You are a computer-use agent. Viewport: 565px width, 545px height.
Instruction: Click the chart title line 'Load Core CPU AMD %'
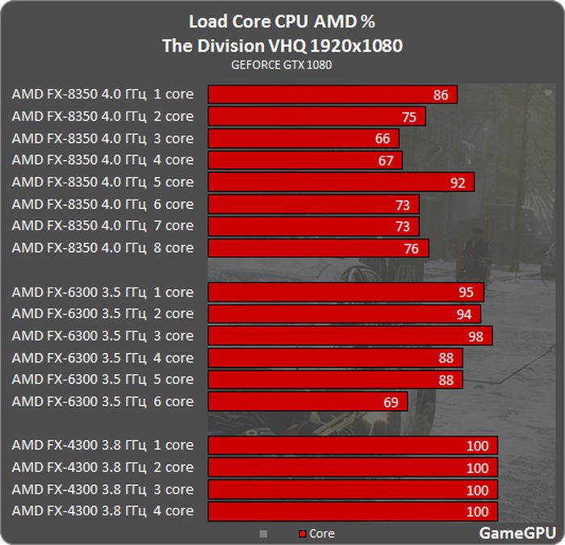pyautogui.click(x=282, y=21)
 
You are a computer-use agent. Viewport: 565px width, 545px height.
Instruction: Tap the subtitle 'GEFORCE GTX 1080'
pyautogui.click(x=282, y=65)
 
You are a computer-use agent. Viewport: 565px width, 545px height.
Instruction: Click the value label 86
pyautogui.click(x=441, y=95)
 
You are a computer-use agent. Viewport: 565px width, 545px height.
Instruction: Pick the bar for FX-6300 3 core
pyautogui.click(x=349, y=336)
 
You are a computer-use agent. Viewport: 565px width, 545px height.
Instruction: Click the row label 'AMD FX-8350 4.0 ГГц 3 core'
pyautogui.click(x=103, y=138)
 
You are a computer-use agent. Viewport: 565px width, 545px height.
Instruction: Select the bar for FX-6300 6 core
pyautogui.click(x=308, y=401)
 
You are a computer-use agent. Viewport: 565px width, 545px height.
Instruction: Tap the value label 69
pyautogui.click(x=391, y=402)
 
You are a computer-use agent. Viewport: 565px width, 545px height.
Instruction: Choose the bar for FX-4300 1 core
pyautogui.click(x=353, y=446)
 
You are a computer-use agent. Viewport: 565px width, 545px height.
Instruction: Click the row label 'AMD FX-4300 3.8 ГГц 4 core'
pyautogui.click(x=103, y=510)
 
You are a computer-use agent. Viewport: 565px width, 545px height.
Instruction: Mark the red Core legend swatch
pyautogui.click(x=303, y=534)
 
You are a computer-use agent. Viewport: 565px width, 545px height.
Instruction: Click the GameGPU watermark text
pyautogui.click(x=517, y=533)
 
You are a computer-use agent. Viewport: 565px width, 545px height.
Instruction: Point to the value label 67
pyautogui.click(x=386, y=161)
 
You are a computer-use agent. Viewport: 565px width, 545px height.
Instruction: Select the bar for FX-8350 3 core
pyautogui.click(x=303, y=138)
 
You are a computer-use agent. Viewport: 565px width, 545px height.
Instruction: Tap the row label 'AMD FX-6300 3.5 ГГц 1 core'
pyautogui.click(x=103, y=292)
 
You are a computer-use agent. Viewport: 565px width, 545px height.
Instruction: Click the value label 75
pyautogui.click(x=408, y=117)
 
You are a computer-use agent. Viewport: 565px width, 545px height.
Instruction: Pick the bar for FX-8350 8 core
pyautogui.click(x=318, y=248)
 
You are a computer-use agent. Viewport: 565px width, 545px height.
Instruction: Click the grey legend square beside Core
pyautogui.click(x=262, y=534)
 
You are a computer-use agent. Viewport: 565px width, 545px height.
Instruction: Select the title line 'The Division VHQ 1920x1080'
pyautogui.click(x=282, y=45)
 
